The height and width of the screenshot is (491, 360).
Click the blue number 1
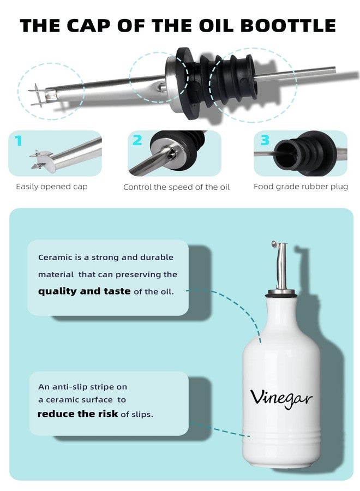(19, 141)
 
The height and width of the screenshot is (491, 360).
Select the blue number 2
(137, 140)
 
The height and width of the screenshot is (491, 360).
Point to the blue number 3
(265, 140)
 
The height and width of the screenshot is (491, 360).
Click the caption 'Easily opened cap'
(52, 187)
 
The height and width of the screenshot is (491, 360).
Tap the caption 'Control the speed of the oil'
(176, 187)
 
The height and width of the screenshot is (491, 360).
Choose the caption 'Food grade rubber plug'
(301, 187)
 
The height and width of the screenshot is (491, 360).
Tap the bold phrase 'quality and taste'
(84, 291)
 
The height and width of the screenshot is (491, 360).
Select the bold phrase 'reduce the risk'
(77, 414)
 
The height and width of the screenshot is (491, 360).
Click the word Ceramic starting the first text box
(55, 258)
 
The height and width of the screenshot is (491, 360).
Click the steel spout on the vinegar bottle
(281, 266)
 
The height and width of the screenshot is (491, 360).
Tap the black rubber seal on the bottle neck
(280, 294)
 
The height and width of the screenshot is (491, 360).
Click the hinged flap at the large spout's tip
(38, 95)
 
